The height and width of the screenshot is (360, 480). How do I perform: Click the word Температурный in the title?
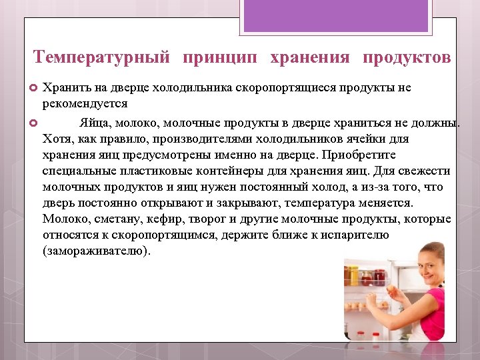[x=103, y=57]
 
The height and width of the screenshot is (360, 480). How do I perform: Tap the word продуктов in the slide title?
[x=407, y=57]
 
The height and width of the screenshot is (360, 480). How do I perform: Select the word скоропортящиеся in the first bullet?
[x=292, y=88]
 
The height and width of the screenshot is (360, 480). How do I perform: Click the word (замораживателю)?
[x=96, y=251]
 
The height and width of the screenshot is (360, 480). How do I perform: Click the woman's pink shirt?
[x=433, y=313]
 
